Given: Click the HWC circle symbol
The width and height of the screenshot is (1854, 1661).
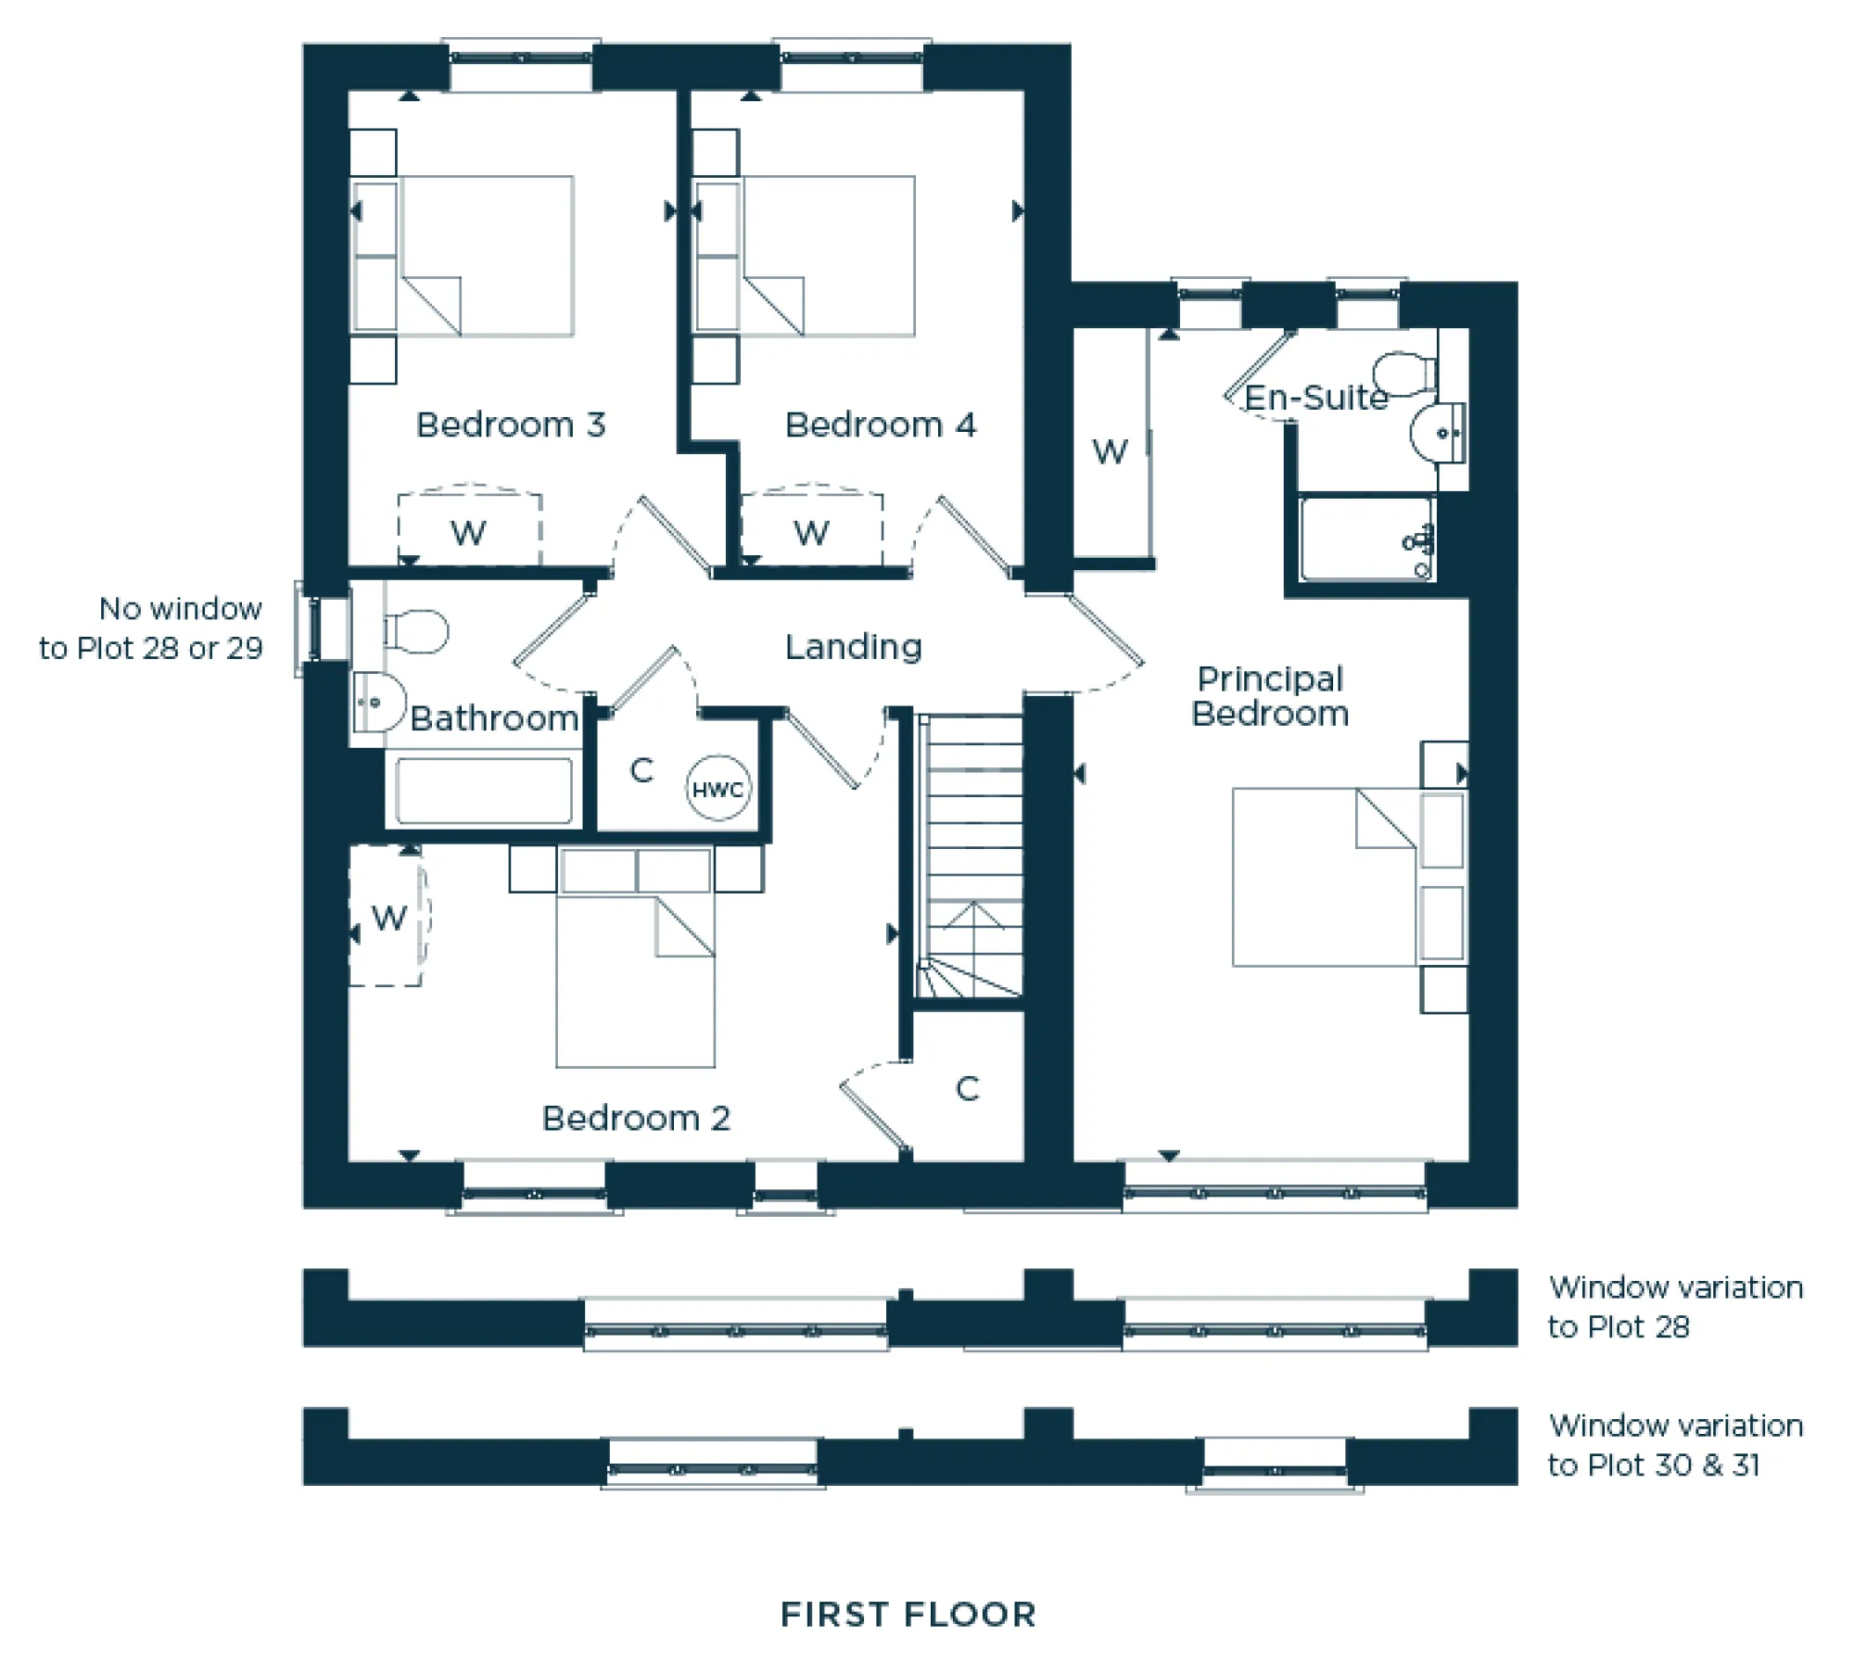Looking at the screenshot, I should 717,789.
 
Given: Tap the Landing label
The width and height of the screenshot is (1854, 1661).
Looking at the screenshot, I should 853,646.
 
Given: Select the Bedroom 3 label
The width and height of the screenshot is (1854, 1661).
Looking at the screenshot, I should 511,425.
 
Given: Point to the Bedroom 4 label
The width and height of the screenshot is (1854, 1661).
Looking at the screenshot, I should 880,425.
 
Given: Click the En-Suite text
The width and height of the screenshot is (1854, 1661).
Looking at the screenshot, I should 1315,398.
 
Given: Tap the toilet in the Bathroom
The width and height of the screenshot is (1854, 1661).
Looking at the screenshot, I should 417,631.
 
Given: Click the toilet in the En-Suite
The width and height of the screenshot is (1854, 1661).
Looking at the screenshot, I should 1403,373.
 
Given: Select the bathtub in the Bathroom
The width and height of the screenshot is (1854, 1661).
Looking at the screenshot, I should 483,791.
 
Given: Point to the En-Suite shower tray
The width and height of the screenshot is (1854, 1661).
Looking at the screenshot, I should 1365,539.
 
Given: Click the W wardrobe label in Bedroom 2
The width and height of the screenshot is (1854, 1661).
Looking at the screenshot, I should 388,918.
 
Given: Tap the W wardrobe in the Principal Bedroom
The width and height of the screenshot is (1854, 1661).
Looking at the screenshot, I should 1110,451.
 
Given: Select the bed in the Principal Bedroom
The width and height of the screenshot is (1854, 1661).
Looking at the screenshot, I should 1326,877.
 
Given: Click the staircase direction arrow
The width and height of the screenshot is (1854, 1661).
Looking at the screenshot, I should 973,916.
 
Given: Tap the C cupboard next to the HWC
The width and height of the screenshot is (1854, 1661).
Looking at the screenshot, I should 641,769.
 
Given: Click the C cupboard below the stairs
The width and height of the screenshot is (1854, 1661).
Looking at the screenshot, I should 967,1088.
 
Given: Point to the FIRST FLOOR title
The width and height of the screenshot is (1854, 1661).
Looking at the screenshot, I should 908,1615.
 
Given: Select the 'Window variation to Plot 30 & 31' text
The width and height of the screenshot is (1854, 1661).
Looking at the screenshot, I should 1674,1445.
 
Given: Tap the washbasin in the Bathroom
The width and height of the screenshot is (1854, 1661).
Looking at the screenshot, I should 378,703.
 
